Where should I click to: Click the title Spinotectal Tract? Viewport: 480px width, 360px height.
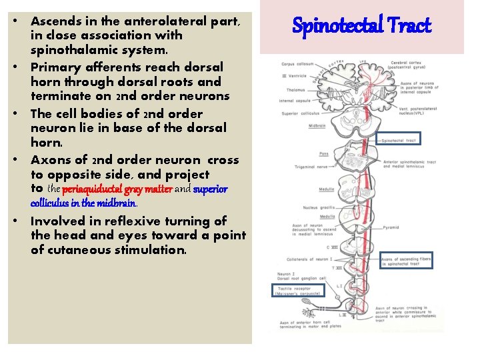(x=362, y=27)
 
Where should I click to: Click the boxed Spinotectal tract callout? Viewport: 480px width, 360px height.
(x=399, y=140)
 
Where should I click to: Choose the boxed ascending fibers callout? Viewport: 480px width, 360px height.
(x=406, y=260)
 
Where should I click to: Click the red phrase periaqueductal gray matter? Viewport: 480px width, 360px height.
(x=117, y=189)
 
